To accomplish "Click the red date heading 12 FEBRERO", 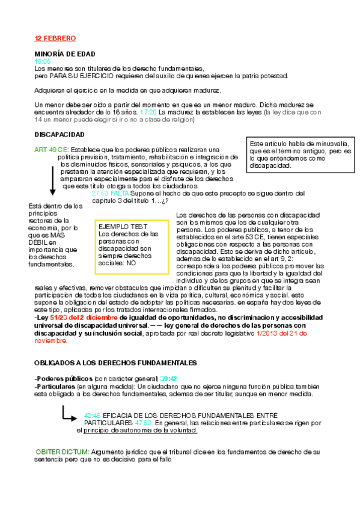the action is [55, 38].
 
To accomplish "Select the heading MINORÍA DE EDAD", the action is [65, 54].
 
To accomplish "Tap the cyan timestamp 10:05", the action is [43, 61].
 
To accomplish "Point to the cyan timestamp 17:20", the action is [148, 112].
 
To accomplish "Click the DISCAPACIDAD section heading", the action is [59, 134].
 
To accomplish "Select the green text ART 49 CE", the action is [51, 150].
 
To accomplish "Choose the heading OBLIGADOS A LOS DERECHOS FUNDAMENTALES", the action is [115, 363].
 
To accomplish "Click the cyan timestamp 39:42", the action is [169, 378].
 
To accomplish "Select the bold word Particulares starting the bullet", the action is [55, 386].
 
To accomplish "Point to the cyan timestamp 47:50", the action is [143, 423].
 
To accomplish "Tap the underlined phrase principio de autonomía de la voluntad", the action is [141, 431].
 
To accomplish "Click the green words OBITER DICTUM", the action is [63, 452].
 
